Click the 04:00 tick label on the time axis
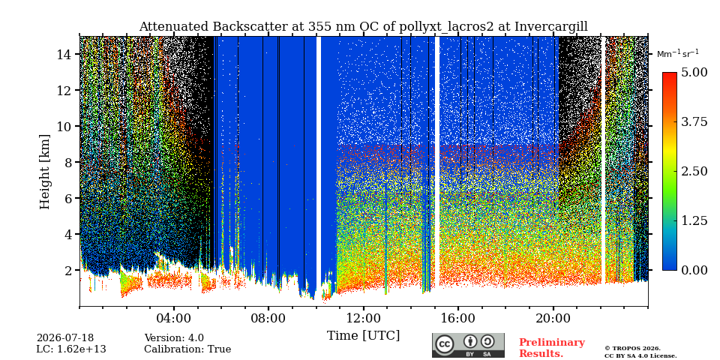(x=174, y=319)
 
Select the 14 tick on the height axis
(x=64, y=54)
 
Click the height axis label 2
(x=69, y=270)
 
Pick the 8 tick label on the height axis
(x=69, y=162)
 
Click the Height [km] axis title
(x=44, y=172)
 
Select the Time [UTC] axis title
(x=363, y=335)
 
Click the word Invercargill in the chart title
(x=551, y=27)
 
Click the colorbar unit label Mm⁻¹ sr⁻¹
(x=678, y=53)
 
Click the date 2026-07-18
(x=65, y=338)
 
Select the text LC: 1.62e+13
(x=71, y=349)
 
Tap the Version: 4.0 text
(x=174, y=338)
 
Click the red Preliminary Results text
(x=552, y=347)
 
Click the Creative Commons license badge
(x=468, y=345)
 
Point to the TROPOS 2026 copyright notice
(x=640, y=352)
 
